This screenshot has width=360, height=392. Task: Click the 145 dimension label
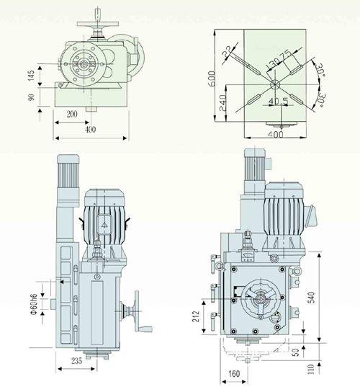point(31,76)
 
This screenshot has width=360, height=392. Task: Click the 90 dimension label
point(31,97)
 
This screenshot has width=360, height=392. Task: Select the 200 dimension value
point(72,115)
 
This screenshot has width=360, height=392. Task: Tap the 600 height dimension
point(212,79)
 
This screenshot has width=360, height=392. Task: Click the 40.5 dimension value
point(279,102)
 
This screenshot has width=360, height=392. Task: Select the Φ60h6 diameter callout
point(34,305)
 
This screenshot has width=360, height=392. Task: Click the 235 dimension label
point(76,361)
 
